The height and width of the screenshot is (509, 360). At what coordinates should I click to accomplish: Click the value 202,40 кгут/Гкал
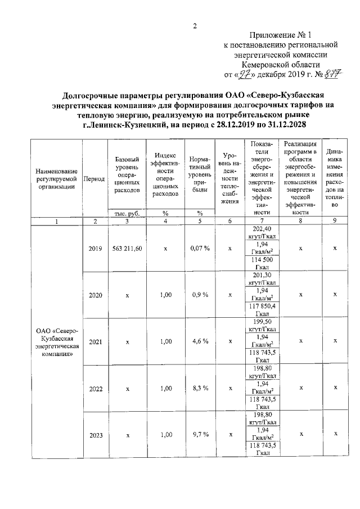262,232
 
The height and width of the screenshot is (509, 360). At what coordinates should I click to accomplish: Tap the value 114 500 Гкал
262,264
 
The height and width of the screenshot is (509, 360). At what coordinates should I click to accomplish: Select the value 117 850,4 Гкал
262,310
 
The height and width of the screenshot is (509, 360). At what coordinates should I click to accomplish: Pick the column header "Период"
94,178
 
